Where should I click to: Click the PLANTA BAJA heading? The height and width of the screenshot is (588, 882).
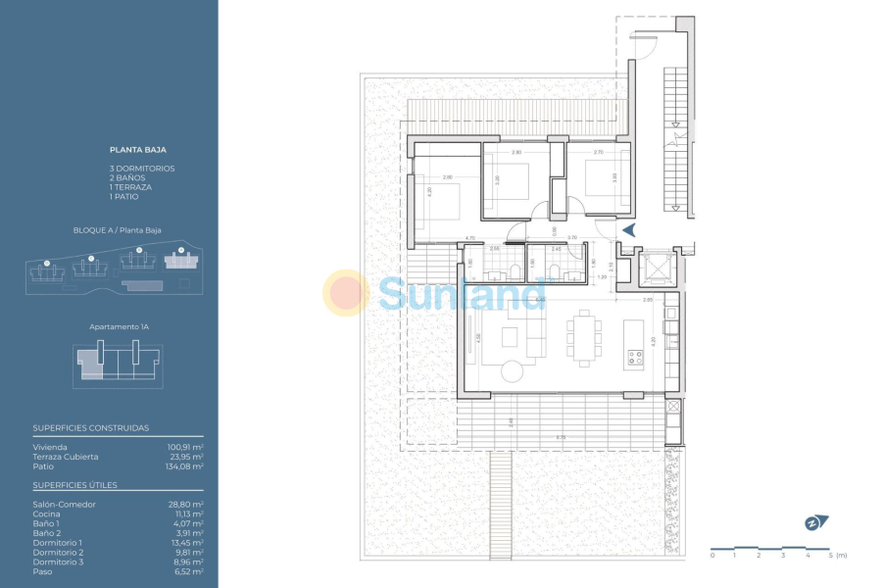138,151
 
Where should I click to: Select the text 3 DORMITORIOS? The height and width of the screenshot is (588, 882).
143,169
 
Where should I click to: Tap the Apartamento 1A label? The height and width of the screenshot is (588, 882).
118,324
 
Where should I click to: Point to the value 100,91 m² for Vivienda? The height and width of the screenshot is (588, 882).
185,447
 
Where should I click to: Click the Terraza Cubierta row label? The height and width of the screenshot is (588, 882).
66,457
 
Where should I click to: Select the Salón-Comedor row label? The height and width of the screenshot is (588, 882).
65,505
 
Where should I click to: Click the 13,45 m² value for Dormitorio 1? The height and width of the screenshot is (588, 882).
186,543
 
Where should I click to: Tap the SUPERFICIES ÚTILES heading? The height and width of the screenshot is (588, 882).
75,485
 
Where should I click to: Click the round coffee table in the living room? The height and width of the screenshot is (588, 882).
514,370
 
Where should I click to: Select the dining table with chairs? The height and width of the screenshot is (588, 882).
586,336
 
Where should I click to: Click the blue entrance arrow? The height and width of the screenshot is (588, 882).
628,229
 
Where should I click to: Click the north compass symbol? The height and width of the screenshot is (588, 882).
815,522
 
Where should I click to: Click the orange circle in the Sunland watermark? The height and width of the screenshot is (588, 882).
346,293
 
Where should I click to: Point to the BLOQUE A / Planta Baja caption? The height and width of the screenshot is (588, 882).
118,230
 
